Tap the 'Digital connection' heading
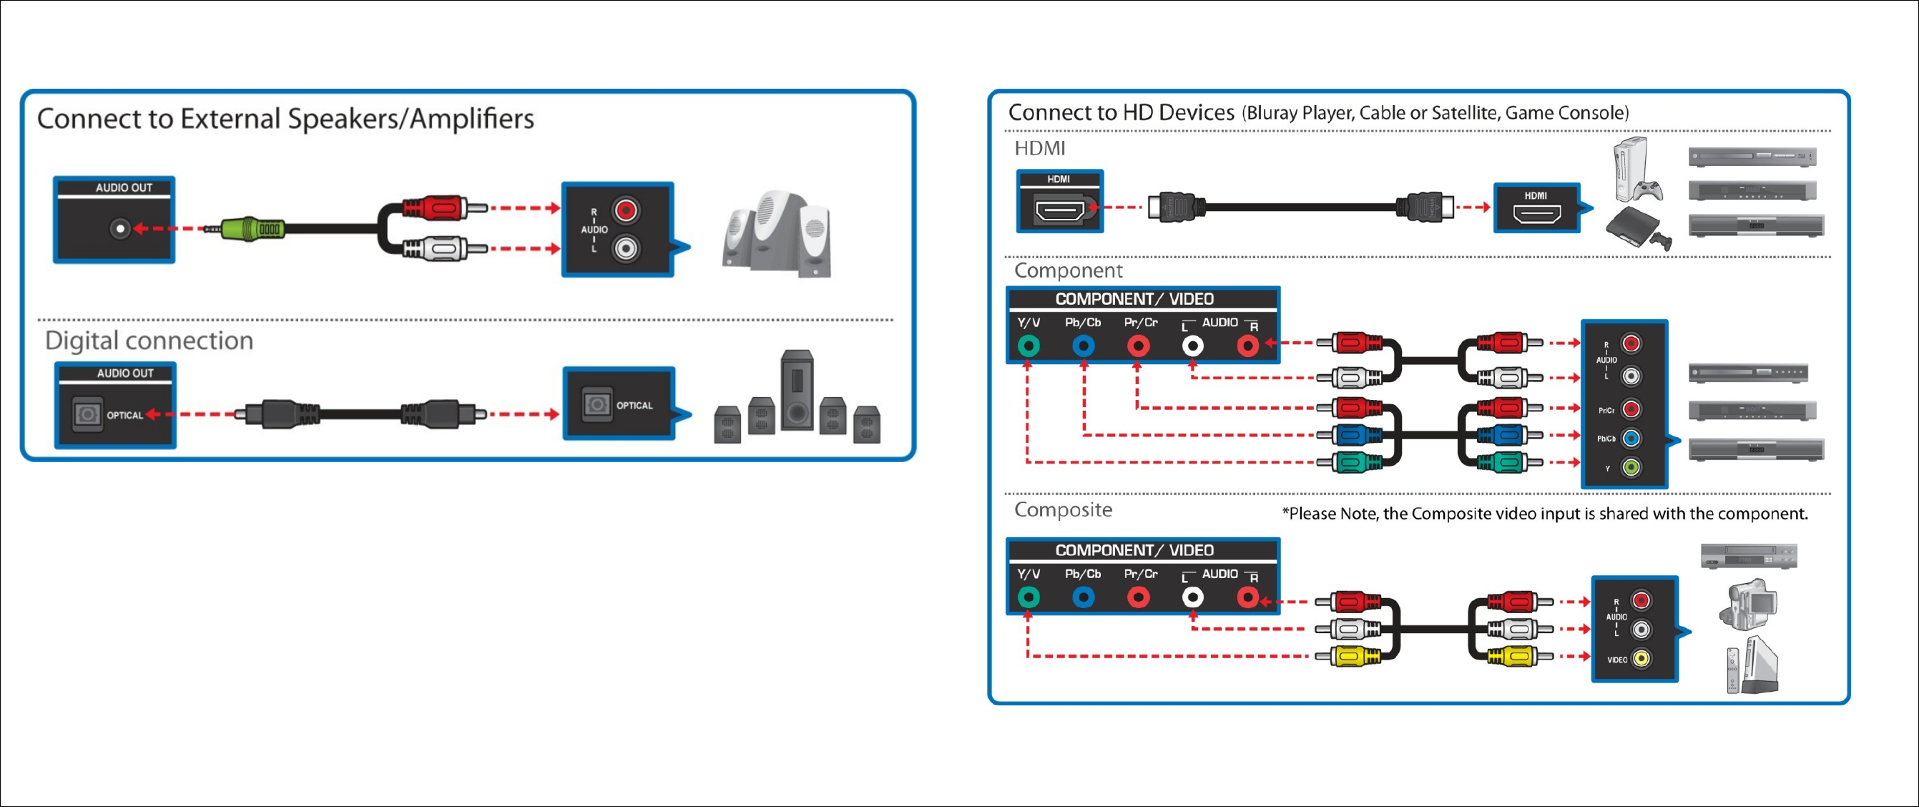(x=149, y=341)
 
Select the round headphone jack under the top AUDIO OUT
(x=119, y=229)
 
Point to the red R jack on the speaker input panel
(x=626, y=210)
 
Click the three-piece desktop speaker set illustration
(x=776, y=234)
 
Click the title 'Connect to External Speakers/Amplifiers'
(x=285, y=119)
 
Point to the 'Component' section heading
(x=1068, y=270)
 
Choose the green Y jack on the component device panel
(x=1631, y=467)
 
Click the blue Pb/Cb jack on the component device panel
(x=1631, y=438)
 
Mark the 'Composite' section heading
(x=1063, y=509)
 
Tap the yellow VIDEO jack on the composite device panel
(x=1641, y=659)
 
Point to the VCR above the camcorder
(x=1748, y=556)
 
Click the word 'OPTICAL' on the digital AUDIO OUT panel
(x=124, y=415)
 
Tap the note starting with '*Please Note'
(x=1544, y=514)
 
